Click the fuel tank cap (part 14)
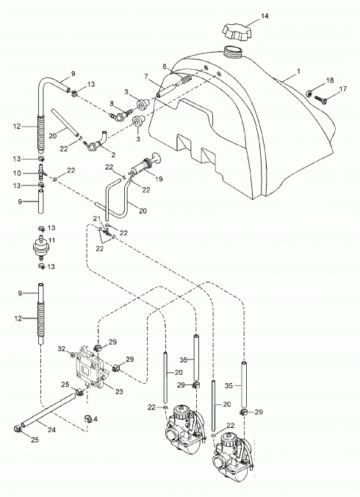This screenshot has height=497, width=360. pyautogui.click(x=237, y=32)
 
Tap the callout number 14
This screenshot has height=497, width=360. pyautogui.click(x=264, y=16)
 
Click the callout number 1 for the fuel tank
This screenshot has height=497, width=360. pyautogui.click(x=298, y=71)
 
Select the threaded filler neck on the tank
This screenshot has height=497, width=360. pyautogui.click(x=233, y=52)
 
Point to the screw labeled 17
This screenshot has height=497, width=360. pyautogui.click(x=322, y=99)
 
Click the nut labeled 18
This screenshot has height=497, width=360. pyautogui.click(x=309, y=93)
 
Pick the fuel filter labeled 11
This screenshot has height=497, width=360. pyautogui.click(x=41, y=248)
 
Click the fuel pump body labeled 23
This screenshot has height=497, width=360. pyautogui.click(x=90, y=368)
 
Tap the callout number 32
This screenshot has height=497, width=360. pyautogui.click(x=62, y=349)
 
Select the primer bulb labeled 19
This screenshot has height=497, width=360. pyautogui.click(x=145, y=163)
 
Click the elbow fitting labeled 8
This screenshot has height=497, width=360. pyautogui.click(x=121, y=115)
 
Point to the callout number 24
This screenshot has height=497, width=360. pyautogui.click(x=52, y=430)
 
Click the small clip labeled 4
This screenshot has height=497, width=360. pyautogui.click(x=87, y=419)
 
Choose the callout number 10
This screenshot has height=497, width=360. pyautogui.click(x=17, y=173)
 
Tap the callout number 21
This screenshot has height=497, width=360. pyautogui.click(x=96, y=218)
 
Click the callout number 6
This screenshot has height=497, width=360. pyautogui.click(x=165, y=67)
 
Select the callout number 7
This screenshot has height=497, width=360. pyautogui.click(x=146, y=76)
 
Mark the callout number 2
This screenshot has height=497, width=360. pyautogui.click(x=113, y=155)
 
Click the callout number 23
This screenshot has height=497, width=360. pyautogui.click(x=119, y=391)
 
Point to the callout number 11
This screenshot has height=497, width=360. pyautogui.click(x=51, y=240)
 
